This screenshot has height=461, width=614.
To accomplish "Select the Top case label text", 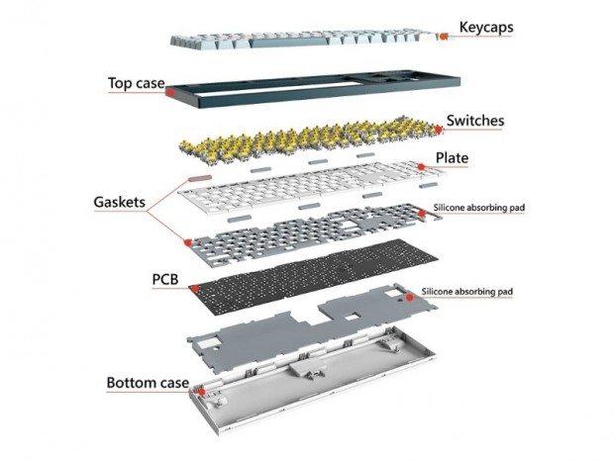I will [x=136, y=84].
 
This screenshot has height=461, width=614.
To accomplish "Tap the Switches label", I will [x=475, y=121].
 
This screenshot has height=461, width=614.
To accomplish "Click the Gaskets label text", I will [x=115, y=203].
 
